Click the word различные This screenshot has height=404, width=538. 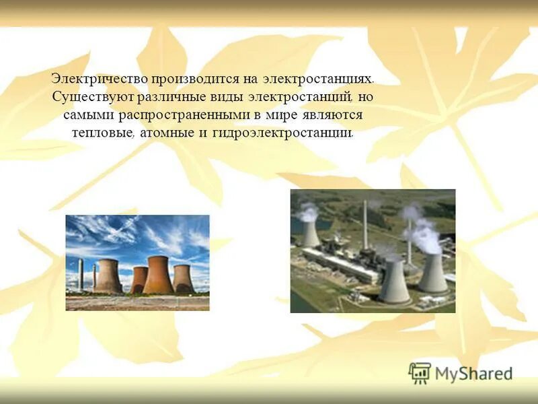[x=165, y=97]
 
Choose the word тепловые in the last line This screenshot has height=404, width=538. [x=104, y=132]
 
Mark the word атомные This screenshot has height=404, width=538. [x=167, y=132]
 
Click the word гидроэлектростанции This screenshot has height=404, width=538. [x=282, y=132]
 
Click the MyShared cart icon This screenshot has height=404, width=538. [x=420, y=373]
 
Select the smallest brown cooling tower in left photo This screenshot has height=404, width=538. [x=139, y=279]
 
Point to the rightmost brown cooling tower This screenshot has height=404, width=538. [x=183, y=279]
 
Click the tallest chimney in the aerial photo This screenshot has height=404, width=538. [x=365, y=226]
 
